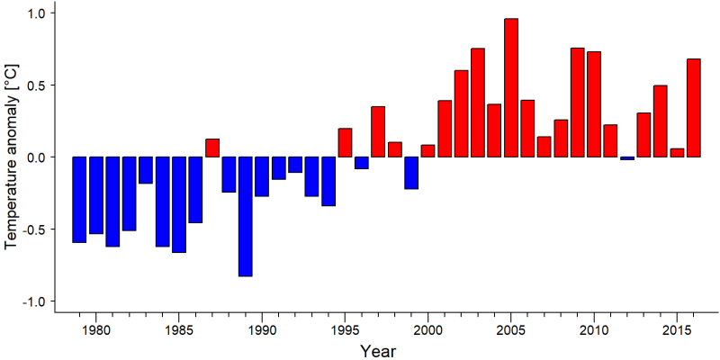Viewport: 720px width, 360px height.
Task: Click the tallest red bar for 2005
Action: tap(511, 87)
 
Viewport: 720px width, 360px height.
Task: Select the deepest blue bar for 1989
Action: tap(245, 217)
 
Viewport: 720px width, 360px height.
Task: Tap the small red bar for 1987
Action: tap(212, 148)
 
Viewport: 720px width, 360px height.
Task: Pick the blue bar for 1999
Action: tap(411, 173)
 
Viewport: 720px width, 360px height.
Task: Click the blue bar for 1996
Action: tap(362, 163)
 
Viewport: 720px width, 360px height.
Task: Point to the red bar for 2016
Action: tap(694, 108)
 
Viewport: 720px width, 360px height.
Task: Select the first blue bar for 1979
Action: tap(79, 200)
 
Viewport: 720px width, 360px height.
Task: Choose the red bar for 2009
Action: tap(578, 103)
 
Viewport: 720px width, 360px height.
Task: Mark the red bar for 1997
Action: tap(378, 131)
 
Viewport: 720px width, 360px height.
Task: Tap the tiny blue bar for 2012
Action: tap(627, 158)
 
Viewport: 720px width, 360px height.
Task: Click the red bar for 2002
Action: tap(461, 114)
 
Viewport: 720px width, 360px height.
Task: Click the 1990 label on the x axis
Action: tap(262, 329)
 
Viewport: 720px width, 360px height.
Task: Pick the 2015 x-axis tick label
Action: tap(678, 329)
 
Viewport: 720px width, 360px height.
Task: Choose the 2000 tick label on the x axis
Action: tap(428, 329)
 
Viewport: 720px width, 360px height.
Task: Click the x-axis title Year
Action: tap(377, 351)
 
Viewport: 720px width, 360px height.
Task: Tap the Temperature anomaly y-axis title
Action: tap(13, 157)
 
